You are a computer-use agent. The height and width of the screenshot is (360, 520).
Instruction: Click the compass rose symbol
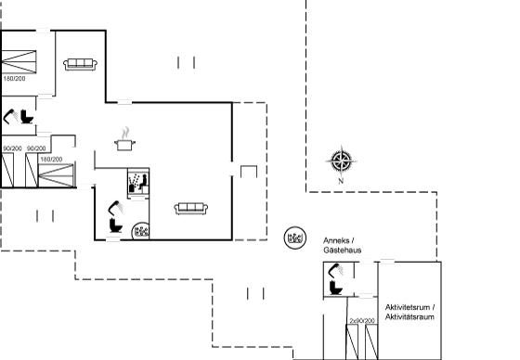coord(342,161)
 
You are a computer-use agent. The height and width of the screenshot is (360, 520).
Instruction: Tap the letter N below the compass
coord(341,181)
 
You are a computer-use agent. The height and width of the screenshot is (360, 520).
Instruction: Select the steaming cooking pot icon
coord(124,139)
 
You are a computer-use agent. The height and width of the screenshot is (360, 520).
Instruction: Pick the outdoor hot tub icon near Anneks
coord(295,238)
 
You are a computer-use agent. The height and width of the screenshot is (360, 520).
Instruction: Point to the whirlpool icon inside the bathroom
coord(141,231)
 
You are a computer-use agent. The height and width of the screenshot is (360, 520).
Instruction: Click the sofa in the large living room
coord(191,209)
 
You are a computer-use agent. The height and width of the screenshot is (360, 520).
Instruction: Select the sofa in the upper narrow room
coord(80,64)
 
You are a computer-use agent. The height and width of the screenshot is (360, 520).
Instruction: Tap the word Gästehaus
coord(343,250)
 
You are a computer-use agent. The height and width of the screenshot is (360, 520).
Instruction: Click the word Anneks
coord(336,240)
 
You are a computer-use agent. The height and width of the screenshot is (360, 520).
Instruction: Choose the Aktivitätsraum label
coord(409,317)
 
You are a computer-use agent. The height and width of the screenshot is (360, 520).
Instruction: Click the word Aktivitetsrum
coord(408,307)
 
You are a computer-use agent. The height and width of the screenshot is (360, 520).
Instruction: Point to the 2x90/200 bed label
coord(362,321)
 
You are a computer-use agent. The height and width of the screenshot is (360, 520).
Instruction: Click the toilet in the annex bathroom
coord(336,288)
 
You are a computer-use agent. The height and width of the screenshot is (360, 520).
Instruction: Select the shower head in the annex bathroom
coord(335,270)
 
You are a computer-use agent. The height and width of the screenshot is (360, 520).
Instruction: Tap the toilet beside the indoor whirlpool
coord(116,225)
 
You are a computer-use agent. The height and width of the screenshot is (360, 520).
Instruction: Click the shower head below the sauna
coord(116,207)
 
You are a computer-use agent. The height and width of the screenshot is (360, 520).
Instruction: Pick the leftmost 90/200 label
coord(13,148)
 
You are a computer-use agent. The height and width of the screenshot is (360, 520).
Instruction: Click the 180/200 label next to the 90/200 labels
coord(51,160)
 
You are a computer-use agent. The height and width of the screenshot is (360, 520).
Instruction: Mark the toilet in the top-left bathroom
coord(27,117)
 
